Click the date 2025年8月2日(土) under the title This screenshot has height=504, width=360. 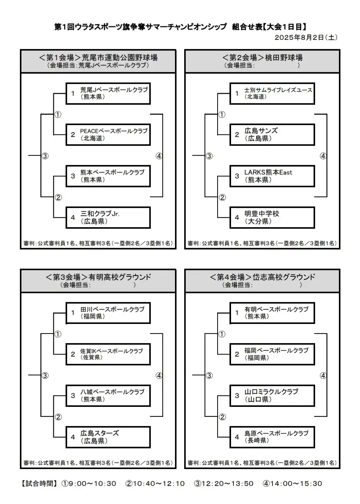point(306,37)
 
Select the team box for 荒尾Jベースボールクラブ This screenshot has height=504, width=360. point(108,93)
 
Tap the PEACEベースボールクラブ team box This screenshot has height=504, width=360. point(108,135)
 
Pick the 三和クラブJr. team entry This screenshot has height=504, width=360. point(108,218)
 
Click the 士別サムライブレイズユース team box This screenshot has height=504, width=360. point(272,93)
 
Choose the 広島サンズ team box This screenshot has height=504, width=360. point(272,135)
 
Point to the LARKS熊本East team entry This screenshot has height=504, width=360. point(272,176)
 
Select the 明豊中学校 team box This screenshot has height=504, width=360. point(272,218)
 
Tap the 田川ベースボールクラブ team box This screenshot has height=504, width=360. point(108,313)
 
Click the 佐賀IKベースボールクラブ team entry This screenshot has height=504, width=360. point(108,354)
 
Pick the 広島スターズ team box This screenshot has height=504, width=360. point(108,437)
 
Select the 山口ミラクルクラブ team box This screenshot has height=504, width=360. point(272,396)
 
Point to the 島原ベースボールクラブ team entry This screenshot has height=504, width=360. point(272,437)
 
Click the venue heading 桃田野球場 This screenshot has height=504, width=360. point(284,58)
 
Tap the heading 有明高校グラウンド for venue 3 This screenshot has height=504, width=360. point(120,277)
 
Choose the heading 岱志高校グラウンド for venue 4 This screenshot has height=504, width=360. point(284,277)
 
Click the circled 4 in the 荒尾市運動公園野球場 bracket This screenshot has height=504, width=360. point(159,156)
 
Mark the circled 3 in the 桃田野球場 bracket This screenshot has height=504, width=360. point(209,156)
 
